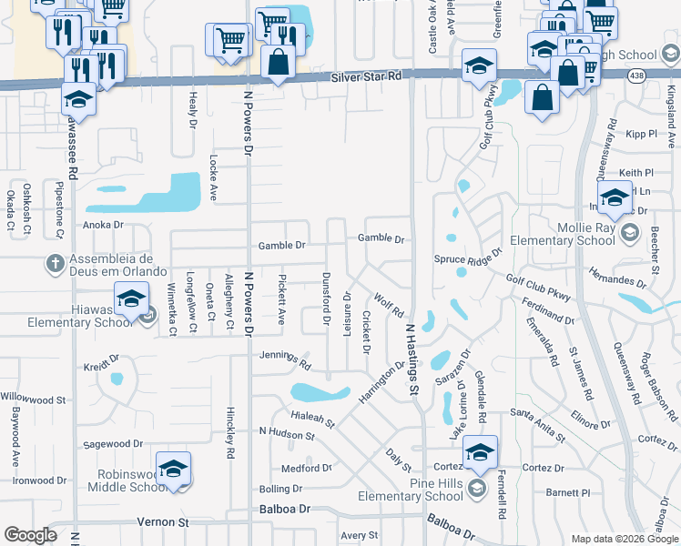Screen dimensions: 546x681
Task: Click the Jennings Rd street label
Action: [x=285, y=359]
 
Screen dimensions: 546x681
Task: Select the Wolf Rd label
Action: [x=388, y=306]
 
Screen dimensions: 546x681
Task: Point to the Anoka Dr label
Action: [x=103, y=225]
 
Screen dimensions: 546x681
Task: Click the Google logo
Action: [x=31, y=535]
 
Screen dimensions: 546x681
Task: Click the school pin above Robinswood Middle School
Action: [x=173, y=468]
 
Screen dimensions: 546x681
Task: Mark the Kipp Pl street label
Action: [x=642, y=134]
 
